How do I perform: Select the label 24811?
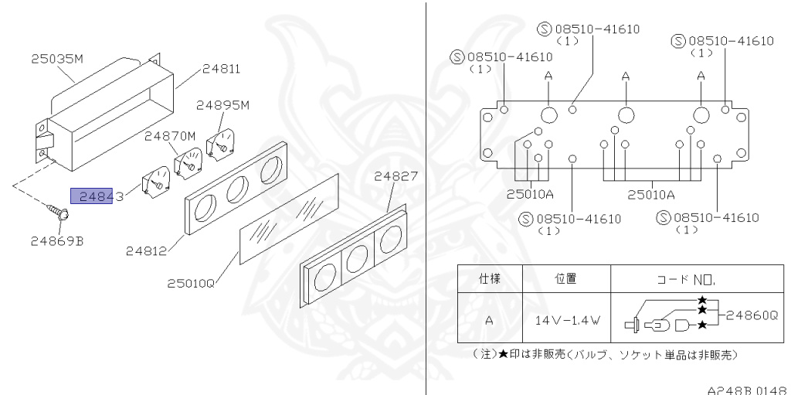(221, 69)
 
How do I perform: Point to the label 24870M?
(170, 136)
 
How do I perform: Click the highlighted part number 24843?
(97, 197)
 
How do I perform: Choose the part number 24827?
(397, 176)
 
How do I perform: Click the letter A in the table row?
(489, 318)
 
